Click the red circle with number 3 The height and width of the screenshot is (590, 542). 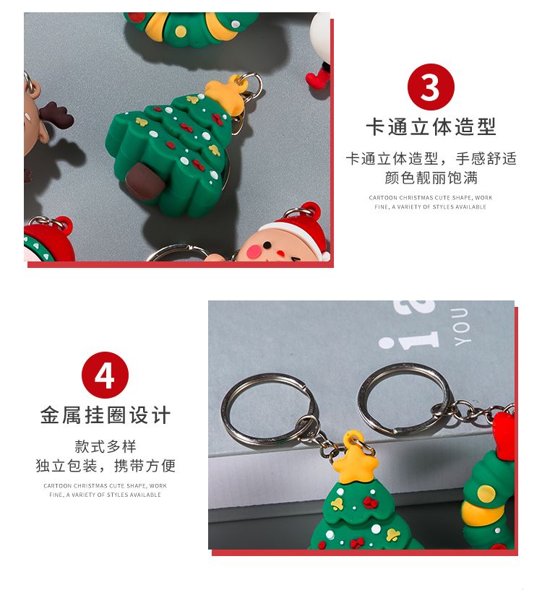tap(431, 87)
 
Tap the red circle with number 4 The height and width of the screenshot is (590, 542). tap(105, 375)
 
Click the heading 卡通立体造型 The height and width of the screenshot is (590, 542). tap(431, 126)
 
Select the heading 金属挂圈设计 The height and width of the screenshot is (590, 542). tap(106, 415)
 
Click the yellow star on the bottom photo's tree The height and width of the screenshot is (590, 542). tap(353, 460)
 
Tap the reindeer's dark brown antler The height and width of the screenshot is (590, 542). tap(57, 115)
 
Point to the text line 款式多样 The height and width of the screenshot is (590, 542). tap(106, 446)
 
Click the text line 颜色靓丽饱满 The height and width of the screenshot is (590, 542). tap(431, 178)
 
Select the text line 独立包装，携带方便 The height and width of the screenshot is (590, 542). tap(106, 466)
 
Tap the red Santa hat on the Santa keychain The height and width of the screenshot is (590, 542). tap(301, 230)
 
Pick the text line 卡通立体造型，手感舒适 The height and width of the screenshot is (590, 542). tap(431, 158)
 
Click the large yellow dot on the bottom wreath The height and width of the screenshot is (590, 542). tap(486, 494)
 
